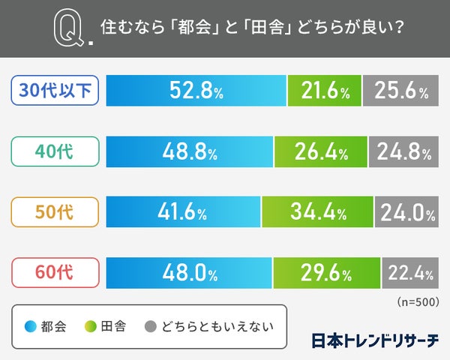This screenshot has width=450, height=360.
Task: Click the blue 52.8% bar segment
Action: coord(196,91)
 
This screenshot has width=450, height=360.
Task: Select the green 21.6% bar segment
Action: coord(324,91)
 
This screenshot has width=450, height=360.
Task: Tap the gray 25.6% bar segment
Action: coord(400,91)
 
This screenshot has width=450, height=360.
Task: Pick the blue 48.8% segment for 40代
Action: coord(190,153)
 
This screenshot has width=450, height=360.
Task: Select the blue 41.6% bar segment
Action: coord(183,213)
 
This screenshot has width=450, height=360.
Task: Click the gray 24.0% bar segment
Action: coord(406,213)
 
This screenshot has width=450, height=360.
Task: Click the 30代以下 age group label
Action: coord(55,91)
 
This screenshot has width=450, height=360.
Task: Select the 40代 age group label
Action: coord(55,153)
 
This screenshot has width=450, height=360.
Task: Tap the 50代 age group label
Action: coord(55,213)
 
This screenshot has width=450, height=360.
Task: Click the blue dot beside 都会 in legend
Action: coord(31,326)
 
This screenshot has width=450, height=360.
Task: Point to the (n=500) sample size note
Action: coord(416,301)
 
